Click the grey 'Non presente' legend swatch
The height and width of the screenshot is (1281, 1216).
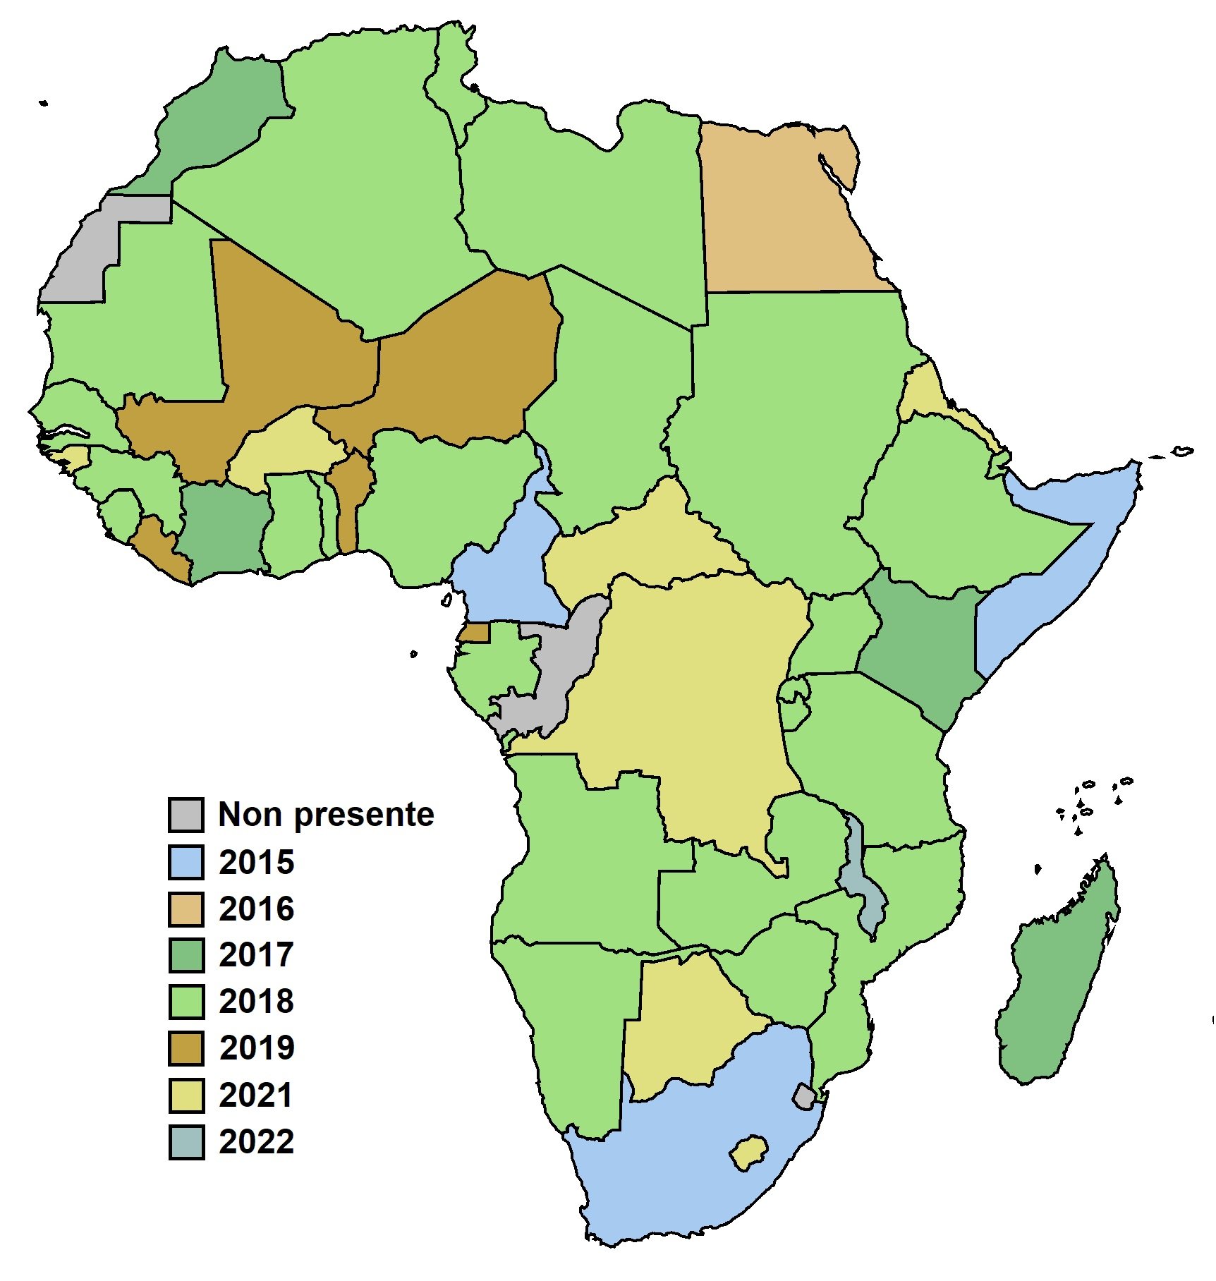(x=186, y=815)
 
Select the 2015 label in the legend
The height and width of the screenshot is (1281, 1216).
(x=256, y=862)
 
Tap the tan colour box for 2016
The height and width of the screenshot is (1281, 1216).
(x=186, y=909)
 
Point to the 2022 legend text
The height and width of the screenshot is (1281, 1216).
(x=256, y=1141)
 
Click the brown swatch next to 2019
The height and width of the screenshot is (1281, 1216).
(x=186, y=1048)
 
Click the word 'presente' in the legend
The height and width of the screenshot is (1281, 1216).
(x=363, y=815)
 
